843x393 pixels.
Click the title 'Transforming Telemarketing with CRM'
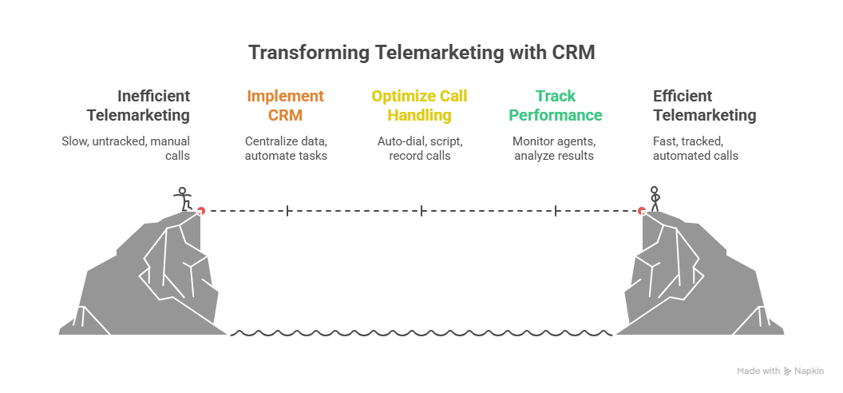pos(421,53)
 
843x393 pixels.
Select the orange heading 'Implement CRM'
pos(286,105)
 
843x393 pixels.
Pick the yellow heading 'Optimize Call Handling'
pos(421,105)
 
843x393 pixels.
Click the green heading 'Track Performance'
pos(556,105)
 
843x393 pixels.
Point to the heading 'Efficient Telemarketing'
pos(704,105)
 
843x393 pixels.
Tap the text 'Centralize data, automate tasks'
pos(286,149)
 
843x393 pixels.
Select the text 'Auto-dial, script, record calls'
pos(421,149)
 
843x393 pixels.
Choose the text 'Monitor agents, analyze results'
pos(555,149)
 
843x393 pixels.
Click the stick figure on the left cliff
pos(184,198)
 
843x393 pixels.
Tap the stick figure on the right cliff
pos(655,198)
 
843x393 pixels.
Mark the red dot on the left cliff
pos(201,211)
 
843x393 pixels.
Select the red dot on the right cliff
pos(641,211)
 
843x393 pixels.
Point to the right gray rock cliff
pos(695,280)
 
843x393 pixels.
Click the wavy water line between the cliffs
pos(421,333)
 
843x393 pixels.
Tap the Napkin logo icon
pos(788,371)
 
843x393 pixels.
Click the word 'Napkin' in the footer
pos(809,371)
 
